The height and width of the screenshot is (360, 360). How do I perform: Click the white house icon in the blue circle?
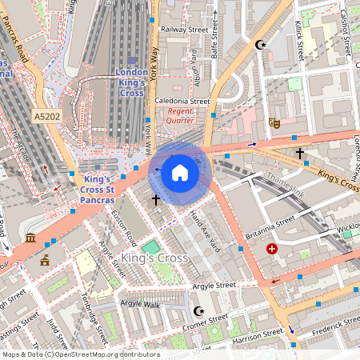180,172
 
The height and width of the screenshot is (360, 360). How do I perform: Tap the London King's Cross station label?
131,82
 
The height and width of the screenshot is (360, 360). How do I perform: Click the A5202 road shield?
47,117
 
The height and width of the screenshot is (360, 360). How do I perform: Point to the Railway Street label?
184,29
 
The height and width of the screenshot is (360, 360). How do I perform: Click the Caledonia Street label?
182,102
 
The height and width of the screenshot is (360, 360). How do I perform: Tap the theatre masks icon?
274,122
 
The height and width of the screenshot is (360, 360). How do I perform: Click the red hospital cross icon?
272,249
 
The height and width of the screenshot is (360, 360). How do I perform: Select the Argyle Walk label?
140,304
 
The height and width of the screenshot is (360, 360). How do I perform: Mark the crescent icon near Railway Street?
258,45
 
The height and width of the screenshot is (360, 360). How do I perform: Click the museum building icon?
30,238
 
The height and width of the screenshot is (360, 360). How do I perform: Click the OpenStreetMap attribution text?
80,354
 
